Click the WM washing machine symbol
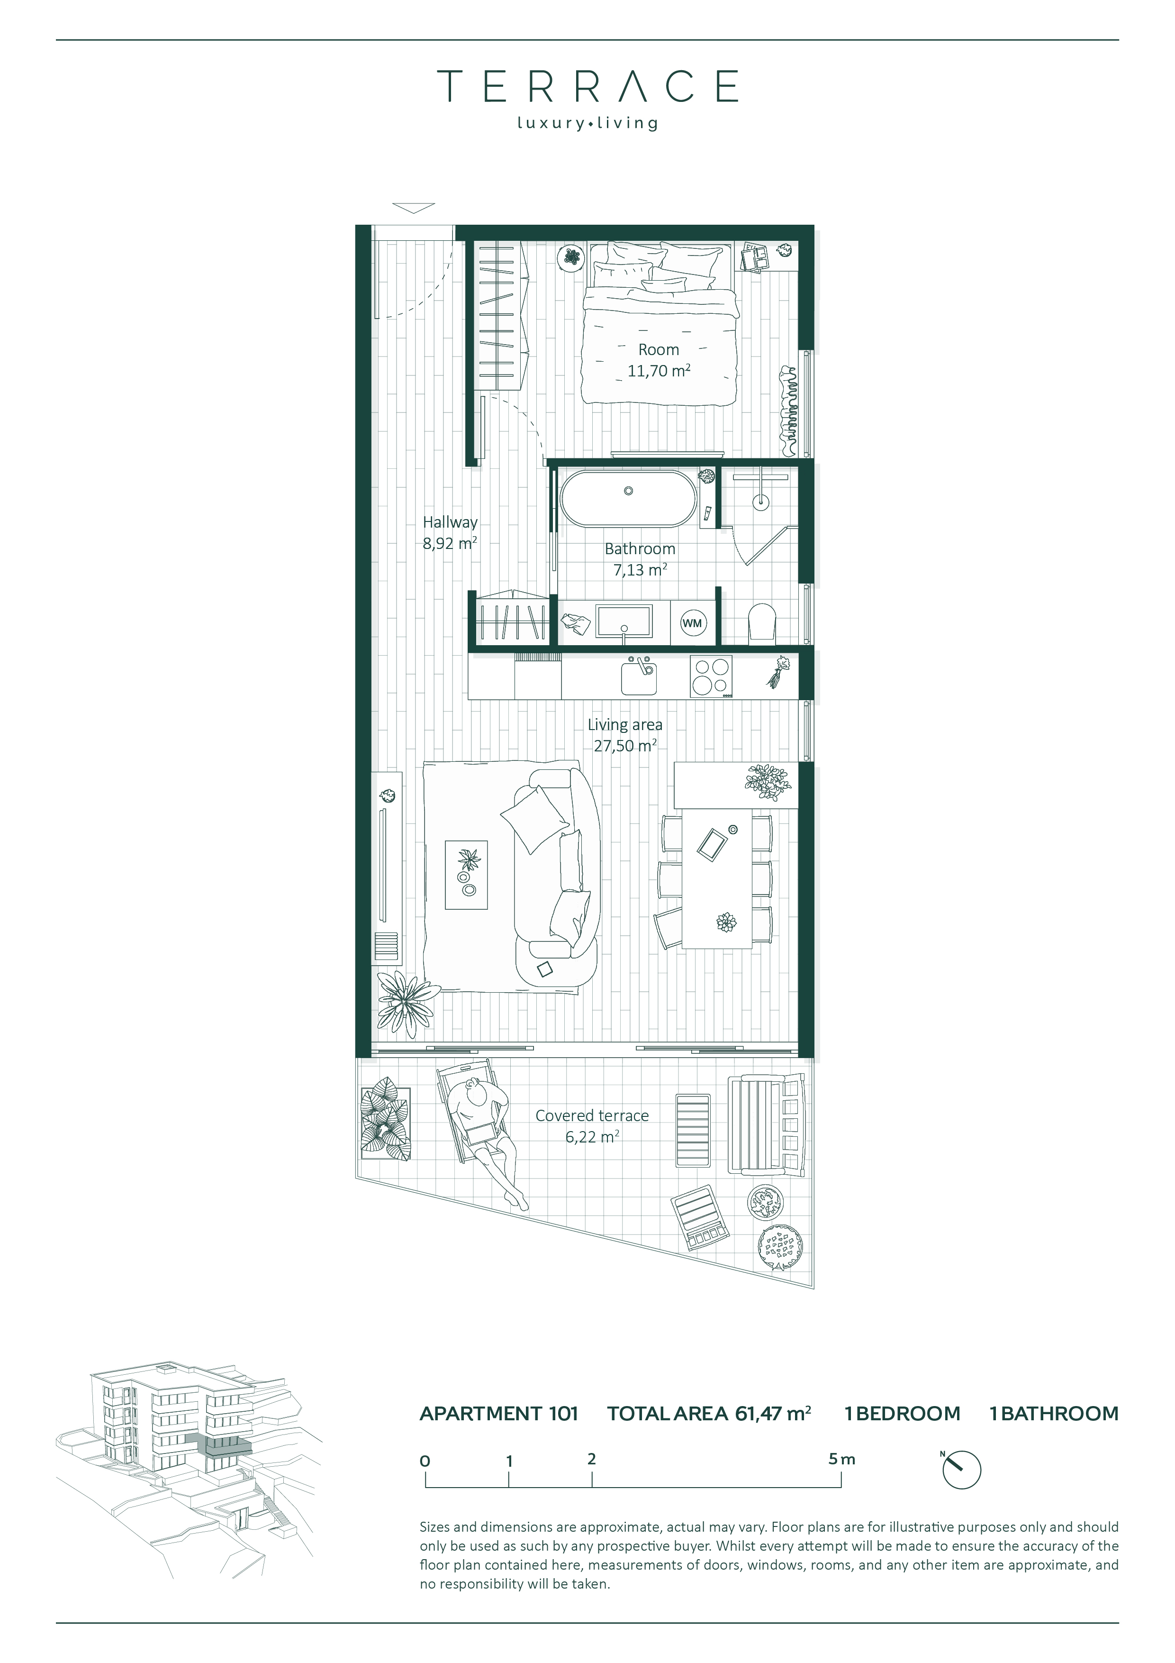(x=693, y=623)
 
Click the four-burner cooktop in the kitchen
(x=711, y=676)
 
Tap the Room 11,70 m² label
(x=659, y=360)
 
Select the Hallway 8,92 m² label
(x=450, y=532)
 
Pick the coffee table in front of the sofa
(x=466, y=875)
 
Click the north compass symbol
(x=961, y=1470)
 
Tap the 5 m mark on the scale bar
(x=842, y=1460)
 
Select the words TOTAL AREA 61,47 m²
(x=709, y=1413)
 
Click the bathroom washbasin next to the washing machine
(x=624, y=621)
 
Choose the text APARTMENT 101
(x=499, y=1413)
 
